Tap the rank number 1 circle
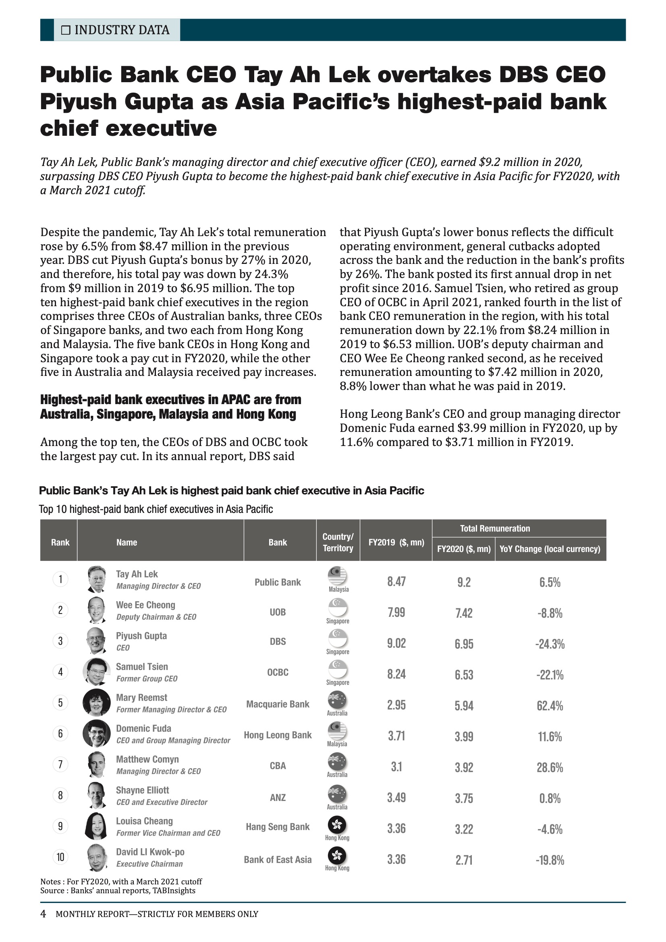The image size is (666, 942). tap(60, 579)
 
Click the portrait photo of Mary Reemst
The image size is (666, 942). tap(96, 702)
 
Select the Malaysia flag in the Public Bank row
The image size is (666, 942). tap(337, 576)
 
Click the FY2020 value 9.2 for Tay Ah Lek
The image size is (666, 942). tap(464, 582)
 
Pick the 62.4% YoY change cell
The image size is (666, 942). tap(550, 705)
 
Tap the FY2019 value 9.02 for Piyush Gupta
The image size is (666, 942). tap(396, 643)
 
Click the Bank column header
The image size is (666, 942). tap(278, 542)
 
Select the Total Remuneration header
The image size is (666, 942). tap(495, 529)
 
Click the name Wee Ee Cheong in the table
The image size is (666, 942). tap(145, 605)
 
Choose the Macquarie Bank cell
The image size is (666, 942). tap(278, 704)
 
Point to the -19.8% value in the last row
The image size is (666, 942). tap(550, 860)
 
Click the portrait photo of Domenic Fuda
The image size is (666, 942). tap(96, 733)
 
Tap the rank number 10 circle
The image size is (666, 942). tap(60, 857)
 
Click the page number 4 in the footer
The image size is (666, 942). tap(43, 914)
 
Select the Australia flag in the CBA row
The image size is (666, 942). tap(337, 762)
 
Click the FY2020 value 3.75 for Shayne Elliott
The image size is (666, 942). tap(464, 798)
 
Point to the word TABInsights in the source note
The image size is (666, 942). tap(174, 890)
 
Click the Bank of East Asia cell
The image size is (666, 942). tap(278, 859)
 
